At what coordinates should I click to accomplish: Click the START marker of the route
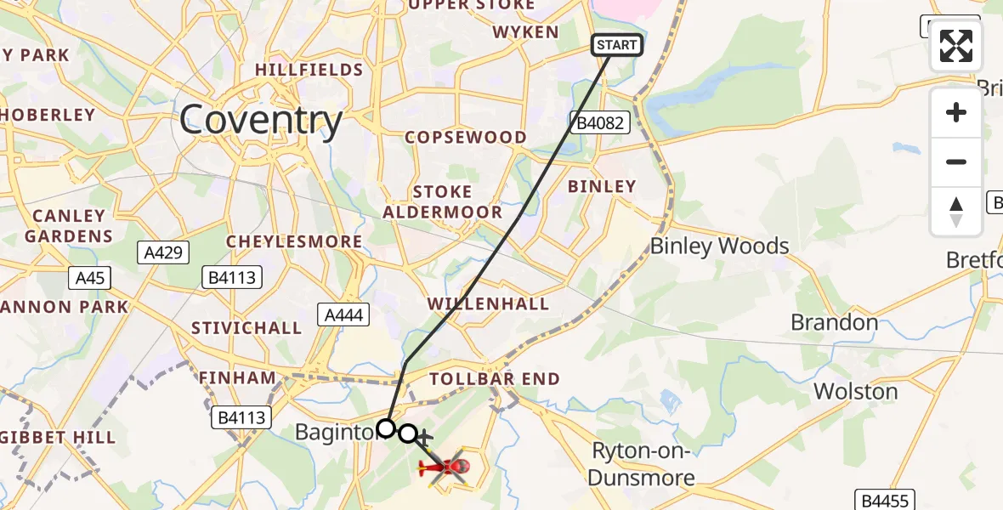coord(617,45)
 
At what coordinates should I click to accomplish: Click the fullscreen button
coord(956,46)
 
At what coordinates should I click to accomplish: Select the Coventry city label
coord(261,120)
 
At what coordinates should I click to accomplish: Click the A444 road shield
coord(344,315)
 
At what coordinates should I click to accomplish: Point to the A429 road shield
coord(163,252)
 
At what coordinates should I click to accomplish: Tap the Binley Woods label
coord(719,246)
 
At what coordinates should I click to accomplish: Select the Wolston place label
coord(855,391)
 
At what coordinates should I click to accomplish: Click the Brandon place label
coord(834,322)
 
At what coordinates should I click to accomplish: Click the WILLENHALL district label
coord(488,303)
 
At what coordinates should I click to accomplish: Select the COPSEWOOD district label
coord(465,137)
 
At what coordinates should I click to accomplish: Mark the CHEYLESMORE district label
coord(294,242)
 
